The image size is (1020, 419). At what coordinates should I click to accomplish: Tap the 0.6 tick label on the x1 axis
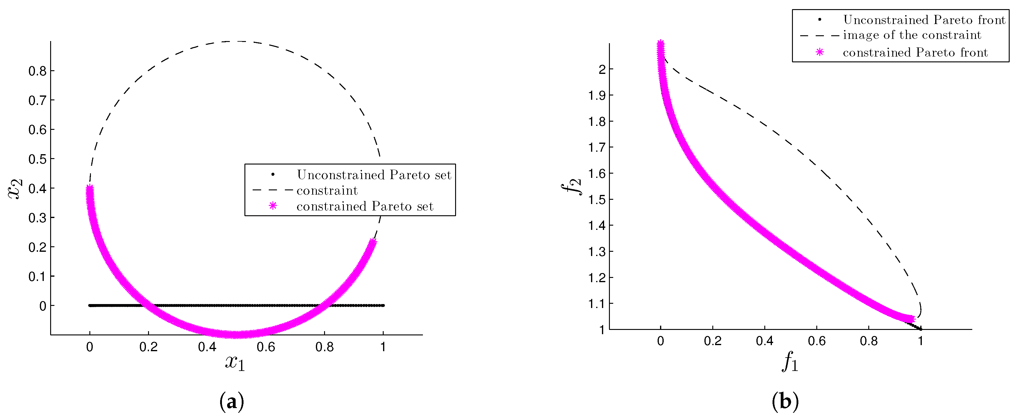point(265,347)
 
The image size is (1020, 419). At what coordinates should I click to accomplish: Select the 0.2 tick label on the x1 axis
point(148,347)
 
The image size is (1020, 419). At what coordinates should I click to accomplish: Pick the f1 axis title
point(790,362)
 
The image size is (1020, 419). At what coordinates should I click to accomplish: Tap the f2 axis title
point(571,186)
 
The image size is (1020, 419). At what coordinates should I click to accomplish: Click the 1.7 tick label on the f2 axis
point(597,147)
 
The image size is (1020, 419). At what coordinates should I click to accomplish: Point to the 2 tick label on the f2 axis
point(602,69)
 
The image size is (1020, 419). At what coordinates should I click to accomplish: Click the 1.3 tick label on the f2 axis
point(597,251)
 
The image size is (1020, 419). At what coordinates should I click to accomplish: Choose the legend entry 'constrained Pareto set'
point(365,206)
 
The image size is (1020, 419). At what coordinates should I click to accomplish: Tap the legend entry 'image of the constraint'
point(912,35)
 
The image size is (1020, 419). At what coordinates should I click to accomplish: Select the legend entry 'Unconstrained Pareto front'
point(924,20)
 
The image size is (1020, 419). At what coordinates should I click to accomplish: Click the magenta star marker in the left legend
point(273,206)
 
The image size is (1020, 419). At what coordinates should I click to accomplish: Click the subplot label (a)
point(232,402)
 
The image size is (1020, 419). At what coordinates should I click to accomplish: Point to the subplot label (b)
point(785,402)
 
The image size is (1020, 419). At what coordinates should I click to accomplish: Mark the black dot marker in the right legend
point(820,19)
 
